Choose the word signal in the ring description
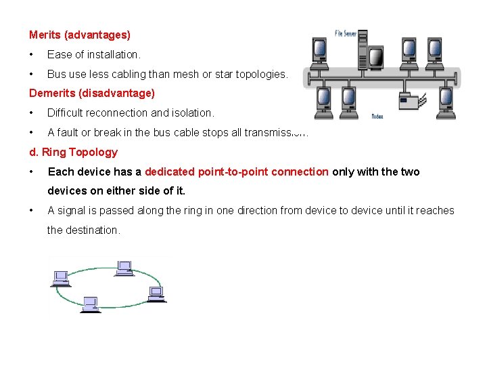point(71,210)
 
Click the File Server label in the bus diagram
point(348,34)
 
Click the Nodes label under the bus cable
point(377,117)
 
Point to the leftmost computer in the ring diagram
point(61,278)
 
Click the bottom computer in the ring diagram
point(90,304)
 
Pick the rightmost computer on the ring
point(156,294)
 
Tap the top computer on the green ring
point(124,268)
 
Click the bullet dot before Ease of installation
point(31,54)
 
